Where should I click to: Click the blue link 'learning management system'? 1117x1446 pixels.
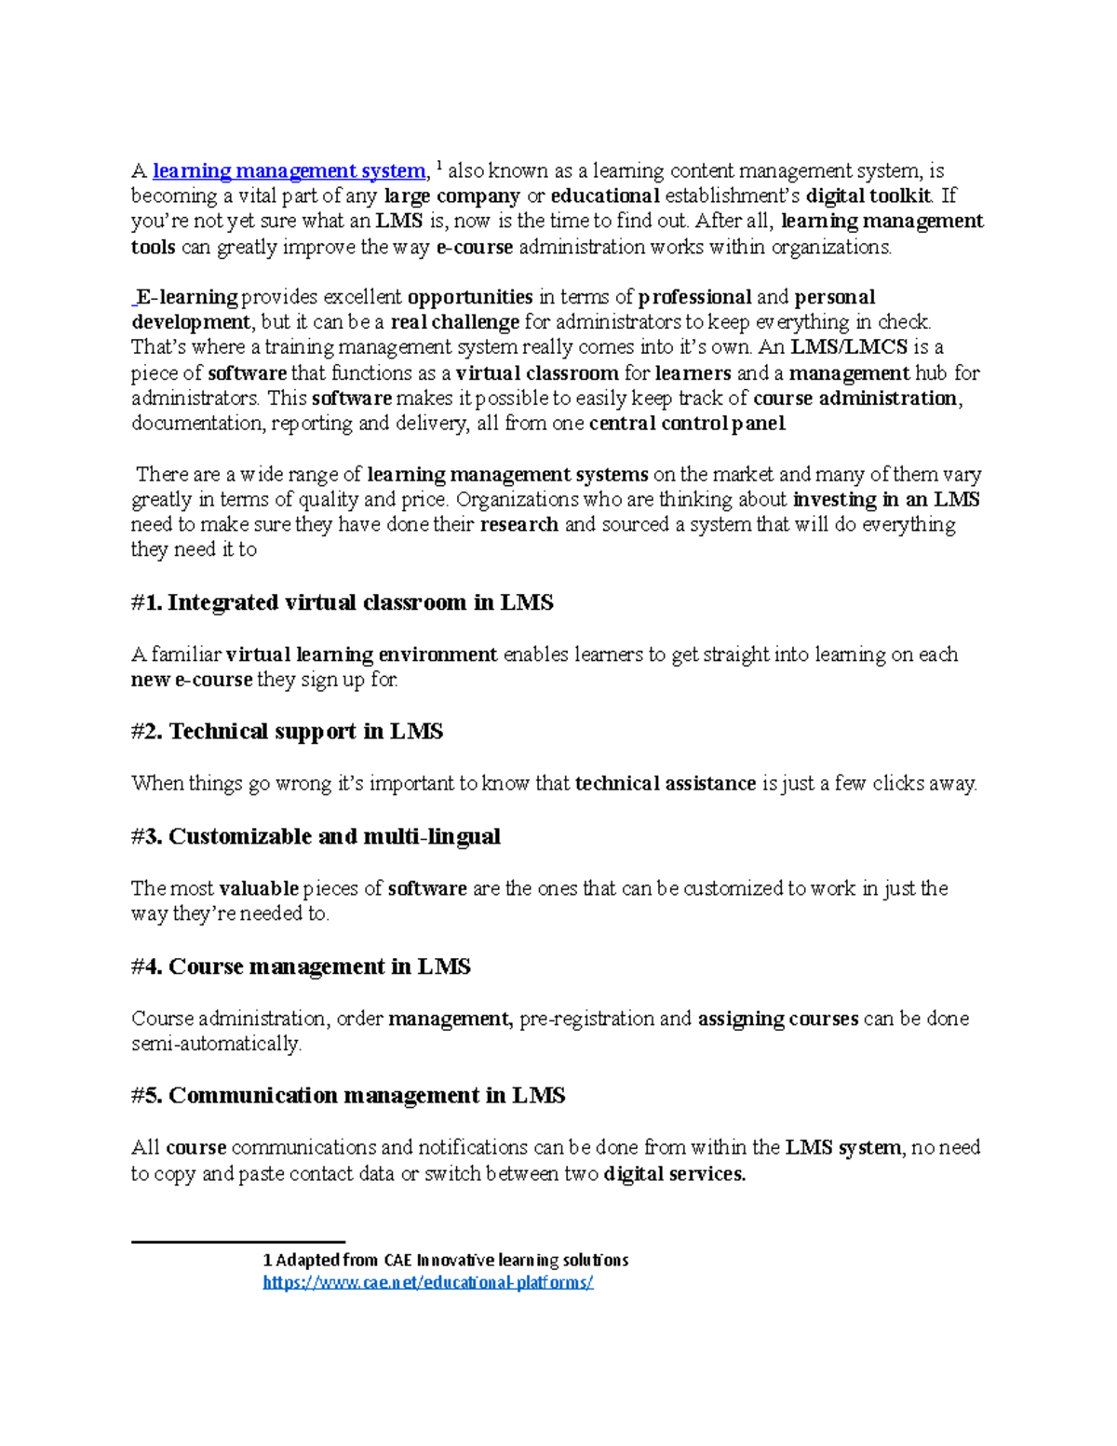[x=289, y=171]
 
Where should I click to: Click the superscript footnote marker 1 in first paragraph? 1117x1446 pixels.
[x=439, y=167]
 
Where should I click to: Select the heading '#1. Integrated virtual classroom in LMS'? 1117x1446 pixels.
[x=342, y=603]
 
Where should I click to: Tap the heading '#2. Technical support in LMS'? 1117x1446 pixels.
[x=287, y=732]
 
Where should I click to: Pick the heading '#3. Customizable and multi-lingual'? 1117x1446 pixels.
[x=316, y=837]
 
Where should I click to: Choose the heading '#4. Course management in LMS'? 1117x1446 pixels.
[x=301, y=967]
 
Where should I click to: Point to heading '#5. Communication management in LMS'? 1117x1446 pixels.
[x=348, y=1096]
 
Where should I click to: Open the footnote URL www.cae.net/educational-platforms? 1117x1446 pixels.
[x=428, y=1283]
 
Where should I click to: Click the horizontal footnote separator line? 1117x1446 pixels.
[x=237, y=1242]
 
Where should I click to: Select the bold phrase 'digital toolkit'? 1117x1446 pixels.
[x=868, y=196]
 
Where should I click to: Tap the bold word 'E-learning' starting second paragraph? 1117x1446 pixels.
[x=187, y=298]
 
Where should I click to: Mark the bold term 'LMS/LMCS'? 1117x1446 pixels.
[x=848, y=348]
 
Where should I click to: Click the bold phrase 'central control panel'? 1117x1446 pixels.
[x=687, y=425]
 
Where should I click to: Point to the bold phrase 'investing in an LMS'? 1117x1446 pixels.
[x=885, y=500]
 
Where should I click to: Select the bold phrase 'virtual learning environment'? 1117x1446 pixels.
[x=361, y=655]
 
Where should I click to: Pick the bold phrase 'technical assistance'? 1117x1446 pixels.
[x=666, y=784]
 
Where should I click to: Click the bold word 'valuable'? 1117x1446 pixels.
[x=259, y=889]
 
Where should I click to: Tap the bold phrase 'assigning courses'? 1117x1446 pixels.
[x=777, y=1020]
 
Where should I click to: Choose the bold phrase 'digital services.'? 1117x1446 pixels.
[x=675, y=1175]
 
